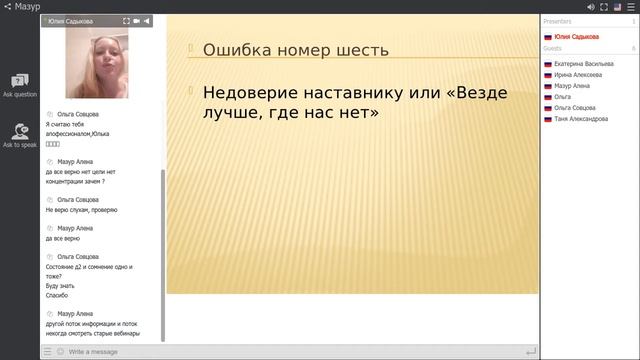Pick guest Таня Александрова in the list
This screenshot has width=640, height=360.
(581, 119)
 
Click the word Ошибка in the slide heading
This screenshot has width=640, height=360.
(236, 50)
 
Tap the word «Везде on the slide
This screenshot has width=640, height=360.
(475, 93)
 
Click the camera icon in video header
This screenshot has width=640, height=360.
(137, 20)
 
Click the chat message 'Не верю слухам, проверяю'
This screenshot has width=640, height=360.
(82, 210)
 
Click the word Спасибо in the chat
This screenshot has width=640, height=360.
(57, 296)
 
